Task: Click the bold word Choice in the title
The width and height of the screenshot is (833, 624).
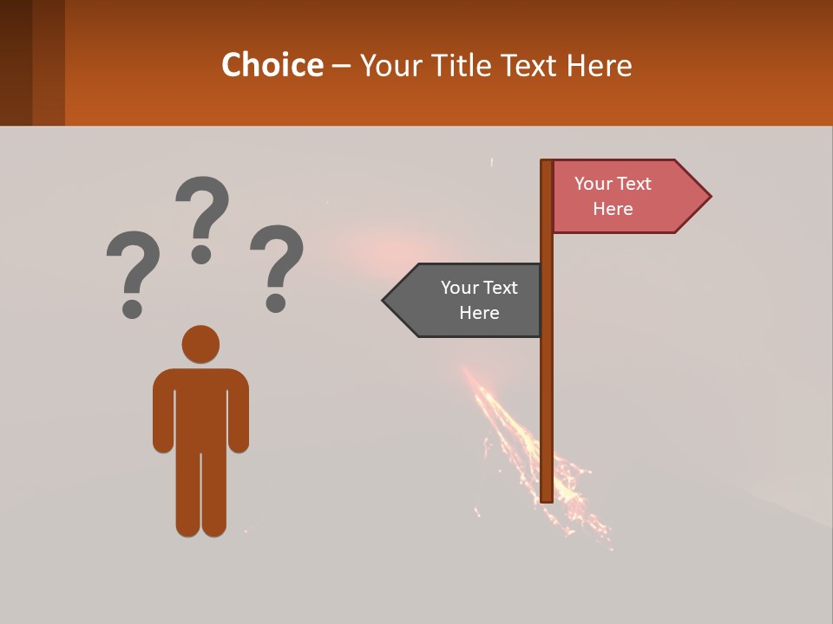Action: click(x=272, y=65)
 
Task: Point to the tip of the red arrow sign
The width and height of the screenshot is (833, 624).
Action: click(x=709, y=197)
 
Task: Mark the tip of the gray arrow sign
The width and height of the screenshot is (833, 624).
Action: click(x=384, y=301)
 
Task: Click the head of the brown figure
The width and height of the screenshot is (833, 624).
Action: click(x=200, y=344)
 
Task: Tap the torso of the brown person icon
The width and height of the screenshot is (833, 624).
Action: click(x=200, y=407)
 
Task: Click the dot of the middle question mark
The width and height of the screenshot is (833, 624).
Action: click(x=201, y=254)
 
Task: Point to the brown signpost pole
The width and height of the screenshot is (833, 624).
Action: click(x=547, y=390)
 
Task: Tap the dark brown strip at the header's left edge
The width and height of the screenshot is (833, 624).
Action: click(x=16, y=62)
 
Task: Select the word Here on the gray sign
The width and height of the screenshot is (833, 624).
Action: click(x=479, y=313)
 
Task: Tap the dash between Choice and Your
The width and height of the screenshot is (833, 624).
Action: click(x=341, y=65)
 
